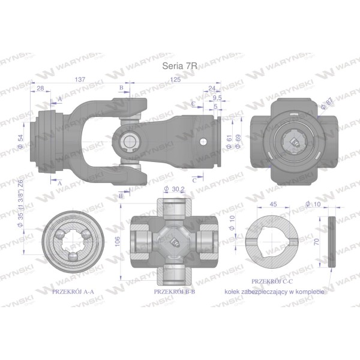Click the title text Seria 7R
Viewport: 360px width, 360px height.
pyautogui.click(x=179, y=66)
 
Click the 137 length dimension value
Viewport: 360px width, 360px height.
pyautogui.click(x=80, y=79)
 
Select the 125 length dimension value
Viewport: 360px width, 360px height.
pyautogui.click(x=175, y=79)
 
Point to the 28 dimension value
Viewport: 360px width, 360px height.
pyautogui.click(x=40, y=88)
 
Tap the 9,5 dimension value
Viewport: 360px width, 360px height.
pyautogui.click(x=217, y=98)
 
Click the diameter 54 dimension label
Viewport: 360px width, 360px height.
pyautogui.click(x=20, y=141)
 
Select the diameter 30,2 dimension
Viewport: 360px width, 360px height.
pyautogui.click(x=175, y=189)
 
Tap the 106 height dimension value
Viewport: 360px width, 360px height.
pyautogui.click(x=118, y=242)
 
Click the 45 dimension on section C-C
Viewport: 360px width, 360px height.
pyautogui.click(x=274, y=204)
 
